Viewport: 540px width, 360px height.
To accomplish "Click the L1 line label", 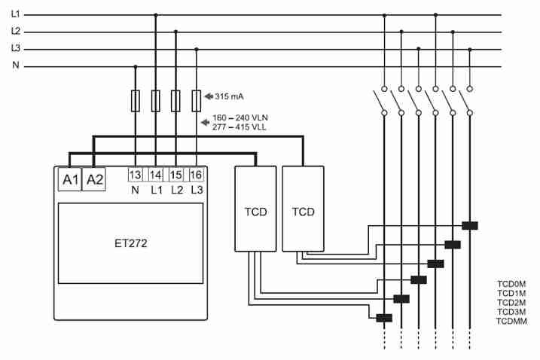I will (x=15, y=14).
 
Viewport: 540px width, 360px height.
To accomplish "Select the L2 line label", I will (x=15, y=32).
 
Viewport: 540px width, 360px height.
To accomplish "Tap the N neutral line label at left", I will (x=15, y=66).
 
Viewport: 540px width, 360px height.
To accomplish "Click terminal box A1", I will (x=69, y=179).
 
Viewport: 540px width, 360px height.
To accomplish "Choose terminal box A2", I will (x=94, y=179).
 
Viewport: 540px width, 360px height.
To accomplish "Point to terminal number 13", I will (x=136, y=175).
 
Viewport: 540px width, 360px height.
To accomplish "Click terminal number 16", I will (x=197, y=175).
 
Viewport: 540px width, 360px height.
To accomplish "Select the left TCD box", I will (x=255, y=209).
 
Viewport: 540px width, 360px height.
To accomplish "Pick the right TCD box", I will (x=303, y=209).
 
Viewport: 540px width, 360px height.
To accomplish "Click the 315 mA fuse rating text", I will (x=229, y=96).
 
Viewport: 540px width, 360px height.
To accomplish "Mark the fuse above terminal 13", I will (x=136, y=101).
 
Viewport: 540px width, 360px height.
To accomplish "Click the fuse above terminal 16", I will (x=197, y=101).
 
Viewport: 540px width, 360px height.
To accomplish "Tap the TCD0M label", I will (x=511, y=285).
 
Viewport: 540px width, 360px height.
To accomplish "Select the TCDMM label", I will (x=511, y=322).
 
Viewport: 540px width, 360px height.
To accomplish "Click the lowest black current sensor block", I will (x=384, y=317).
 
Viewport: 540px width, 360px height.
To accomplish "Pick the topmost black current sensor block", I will (x=470, y=225).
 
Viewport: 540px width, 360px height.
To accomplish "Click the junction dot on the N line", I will (x=136, y=66).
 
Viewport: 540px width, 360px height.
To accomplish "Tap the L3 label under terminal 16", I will (x=197, y=191).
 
